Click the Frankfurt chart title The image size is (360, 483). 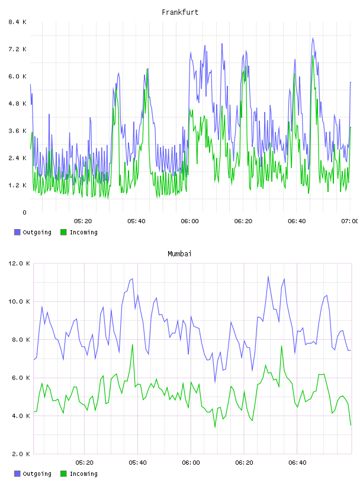[x=180, y=12]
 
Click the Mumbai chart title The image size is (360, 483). [x=179, y=254]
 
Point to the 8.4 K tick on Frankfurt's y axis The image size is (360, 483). [x=18, y=22]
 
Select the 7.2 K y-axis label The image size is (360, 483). [x=18, y=49]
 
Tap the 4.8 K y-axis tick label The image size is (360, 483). [x=18, y=104]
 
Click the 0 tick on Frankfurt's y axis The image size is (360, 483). [x=24, y=212]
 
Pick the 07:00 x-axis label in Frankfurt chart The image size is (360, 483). [x=350, y=221]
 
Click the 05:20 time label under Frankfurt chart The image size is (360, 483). [x=83, y=221]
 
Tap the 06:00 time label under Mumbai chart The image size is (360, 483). [x=191, y=463]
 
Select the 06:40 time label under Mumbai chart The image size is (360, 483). [x=297, y=463]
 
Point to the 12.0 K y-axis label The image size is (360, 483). [x=19, y=263]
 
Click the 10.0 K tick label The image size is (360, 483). [x=19, y=301]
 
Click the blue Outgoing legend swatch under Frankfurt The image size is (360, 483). [x=17, y=232]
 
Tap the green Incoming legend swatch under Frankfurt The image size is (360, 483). [x=63, y=232]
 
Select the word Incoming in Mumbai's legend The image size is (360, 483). [x=83, y=474]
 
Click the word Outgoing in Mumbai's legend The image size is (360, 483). [x=37, y=474]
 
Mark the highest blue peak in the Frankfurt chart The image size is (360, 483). [x=313, y=38]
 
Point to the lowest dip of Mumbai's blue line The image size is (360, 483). [x=215, y=382]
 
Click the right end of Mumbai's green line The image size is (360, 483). [x=351, y=425]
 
